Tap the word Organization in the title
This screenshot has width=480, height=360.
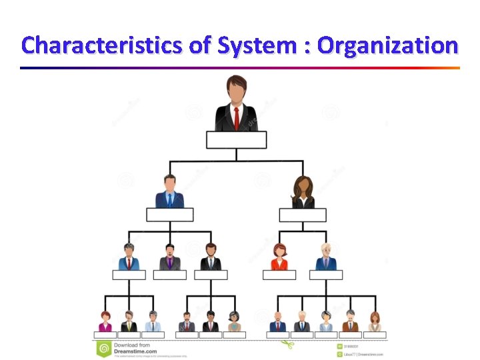tap(387, 46)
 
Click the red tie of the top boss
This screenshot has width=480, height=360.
tap(237, 119)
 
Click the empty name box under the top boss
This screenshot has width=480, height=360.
tap(237, 139)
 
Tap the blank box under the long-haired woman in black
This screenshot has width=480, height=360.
tap(303, 215)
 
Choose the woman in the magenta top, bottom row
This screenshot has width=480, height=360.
tap(105, 322)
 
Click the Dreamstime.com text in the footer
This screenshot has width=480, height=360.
tap(135, 351)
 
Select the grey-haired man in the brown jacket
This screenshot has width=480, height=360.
tap(350, 322)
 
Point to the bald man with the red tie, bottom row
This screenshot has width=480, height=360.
tap(278, 322)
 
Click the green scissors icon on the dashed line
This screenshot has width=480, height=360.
tap(287, 345)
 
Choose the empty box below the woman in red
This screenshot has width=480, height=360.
tap(279, 275)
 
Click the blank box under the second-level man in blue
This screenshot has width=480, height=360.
tap(169, 215)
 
